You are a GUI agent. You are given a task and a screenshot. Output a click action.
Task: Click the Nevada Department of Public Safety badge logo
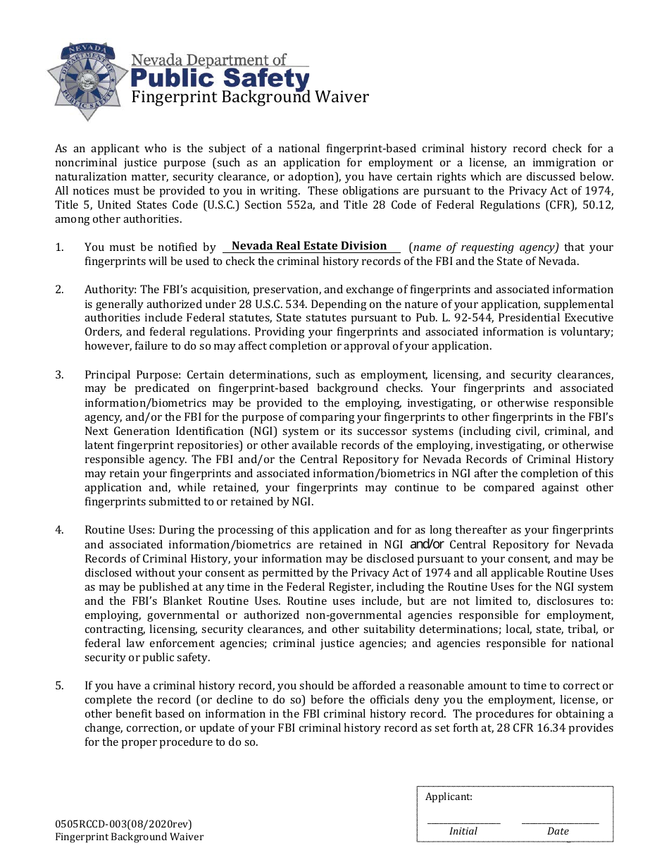tap(87, 80)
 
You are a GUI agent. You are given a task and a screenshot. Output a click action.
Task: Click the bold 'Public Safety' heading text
tap(220, 78)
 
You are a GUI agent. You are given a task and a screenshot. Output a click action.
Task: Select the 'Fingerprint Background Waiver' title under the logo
tap(250, 97)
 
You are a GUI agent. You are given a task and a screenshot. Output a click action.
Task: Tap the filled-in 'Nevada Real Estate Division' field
tap(310, 246)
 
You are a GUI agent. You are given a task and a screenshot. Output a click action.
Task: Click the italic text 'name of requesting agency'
tap(485, 247)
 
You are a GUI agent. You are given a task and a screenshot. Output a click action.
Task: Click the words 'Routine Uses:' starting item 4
tap(120, 530)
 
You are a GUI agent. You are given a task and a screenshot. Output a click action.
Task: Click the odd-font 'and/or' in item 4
tap(427, 544)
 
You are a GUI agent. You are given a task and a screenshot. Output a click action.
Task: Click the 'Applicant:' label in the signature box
tap(449, 797)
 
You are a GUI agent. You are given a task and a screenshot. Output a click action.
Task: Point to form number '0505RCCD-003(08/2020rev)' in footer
tap(123, 824)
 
